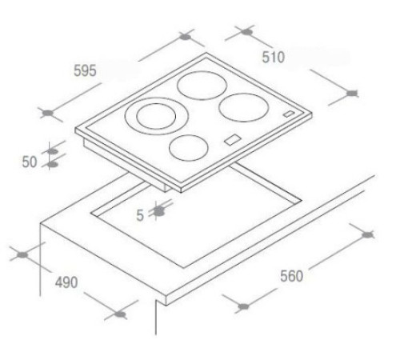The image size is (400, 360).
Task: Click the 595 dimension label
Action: click(85, 71)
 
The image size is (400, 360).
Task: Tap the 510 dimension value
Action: click(274, 58)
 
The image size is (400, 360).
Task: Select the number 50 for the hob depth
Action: click(30, 162)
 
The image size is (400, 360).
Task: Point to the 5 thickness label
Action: click(140, 215)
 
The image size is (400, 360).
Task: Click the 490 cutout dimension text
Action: click(66, 282)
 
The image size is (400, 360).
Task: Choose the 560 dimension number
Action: click(291, 276)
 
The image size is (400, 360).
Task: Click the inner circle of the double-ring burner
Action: click(156, 116)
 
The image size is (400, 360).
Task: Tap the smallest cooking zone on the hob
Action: click(189, 148)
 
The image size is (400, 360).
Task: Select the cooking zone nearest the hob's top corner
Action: click(202, 86)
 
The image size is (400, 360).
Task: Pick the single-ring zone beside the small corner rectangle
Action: click(243, 107)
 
